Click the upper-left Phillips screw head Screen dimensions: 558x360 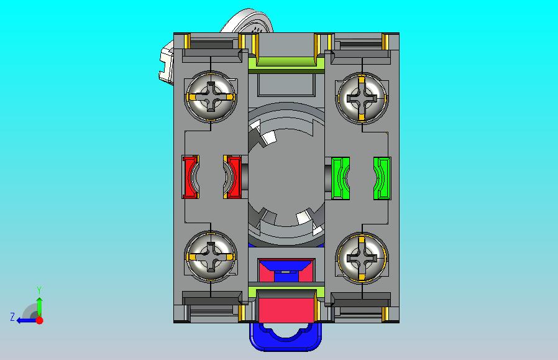point(211,97)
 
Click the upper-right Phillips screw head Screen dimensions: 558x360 point(362,97)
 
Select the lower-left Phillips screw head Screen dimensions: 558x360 point(211,256)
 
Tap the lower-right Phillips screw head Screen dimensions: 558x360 point(362,257)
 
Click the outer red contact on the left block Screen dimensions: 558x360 point(190,177)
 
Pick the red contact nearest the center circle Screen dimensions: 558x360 point(232,177)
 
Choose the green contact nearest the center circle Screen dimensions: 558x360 point(341,178)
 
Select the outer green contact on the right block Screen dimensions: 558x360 point(382,178)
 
